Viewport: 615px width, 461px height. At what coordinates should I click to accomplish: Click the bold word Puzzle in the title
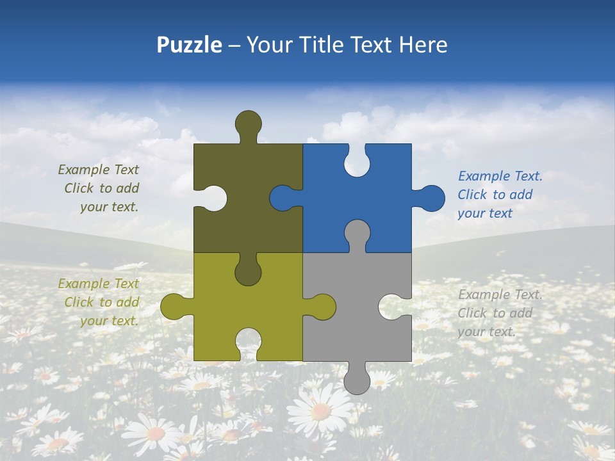click(189, 45)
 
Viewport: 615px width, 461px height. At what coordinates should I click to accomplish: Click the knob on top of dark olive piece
click(248, 124)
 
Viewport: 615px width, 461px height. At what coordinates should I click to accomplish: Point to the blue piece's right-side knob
click(430, 198)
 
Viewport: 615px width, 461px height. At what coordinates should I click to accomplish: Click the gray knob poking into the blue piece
click(357, 233)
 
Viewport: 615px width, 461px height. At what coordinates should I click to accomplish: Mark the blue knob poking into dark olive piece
click(283, 198)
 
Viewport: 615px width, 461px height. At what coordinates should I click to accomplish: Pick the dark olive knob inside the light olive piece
click(248, 271)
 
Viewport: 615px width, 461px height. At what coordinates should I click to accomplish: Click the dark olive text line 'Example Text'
click(98, 170)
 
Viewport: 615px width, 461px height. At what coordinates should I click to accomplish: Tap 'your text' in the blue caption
click(485, 213)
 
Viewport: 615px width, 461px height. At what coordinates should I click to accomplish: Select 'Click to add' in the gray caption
click(495, 313)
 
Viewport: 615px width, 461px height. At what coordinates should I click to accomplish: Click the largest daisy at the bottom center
click(320, 410)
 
